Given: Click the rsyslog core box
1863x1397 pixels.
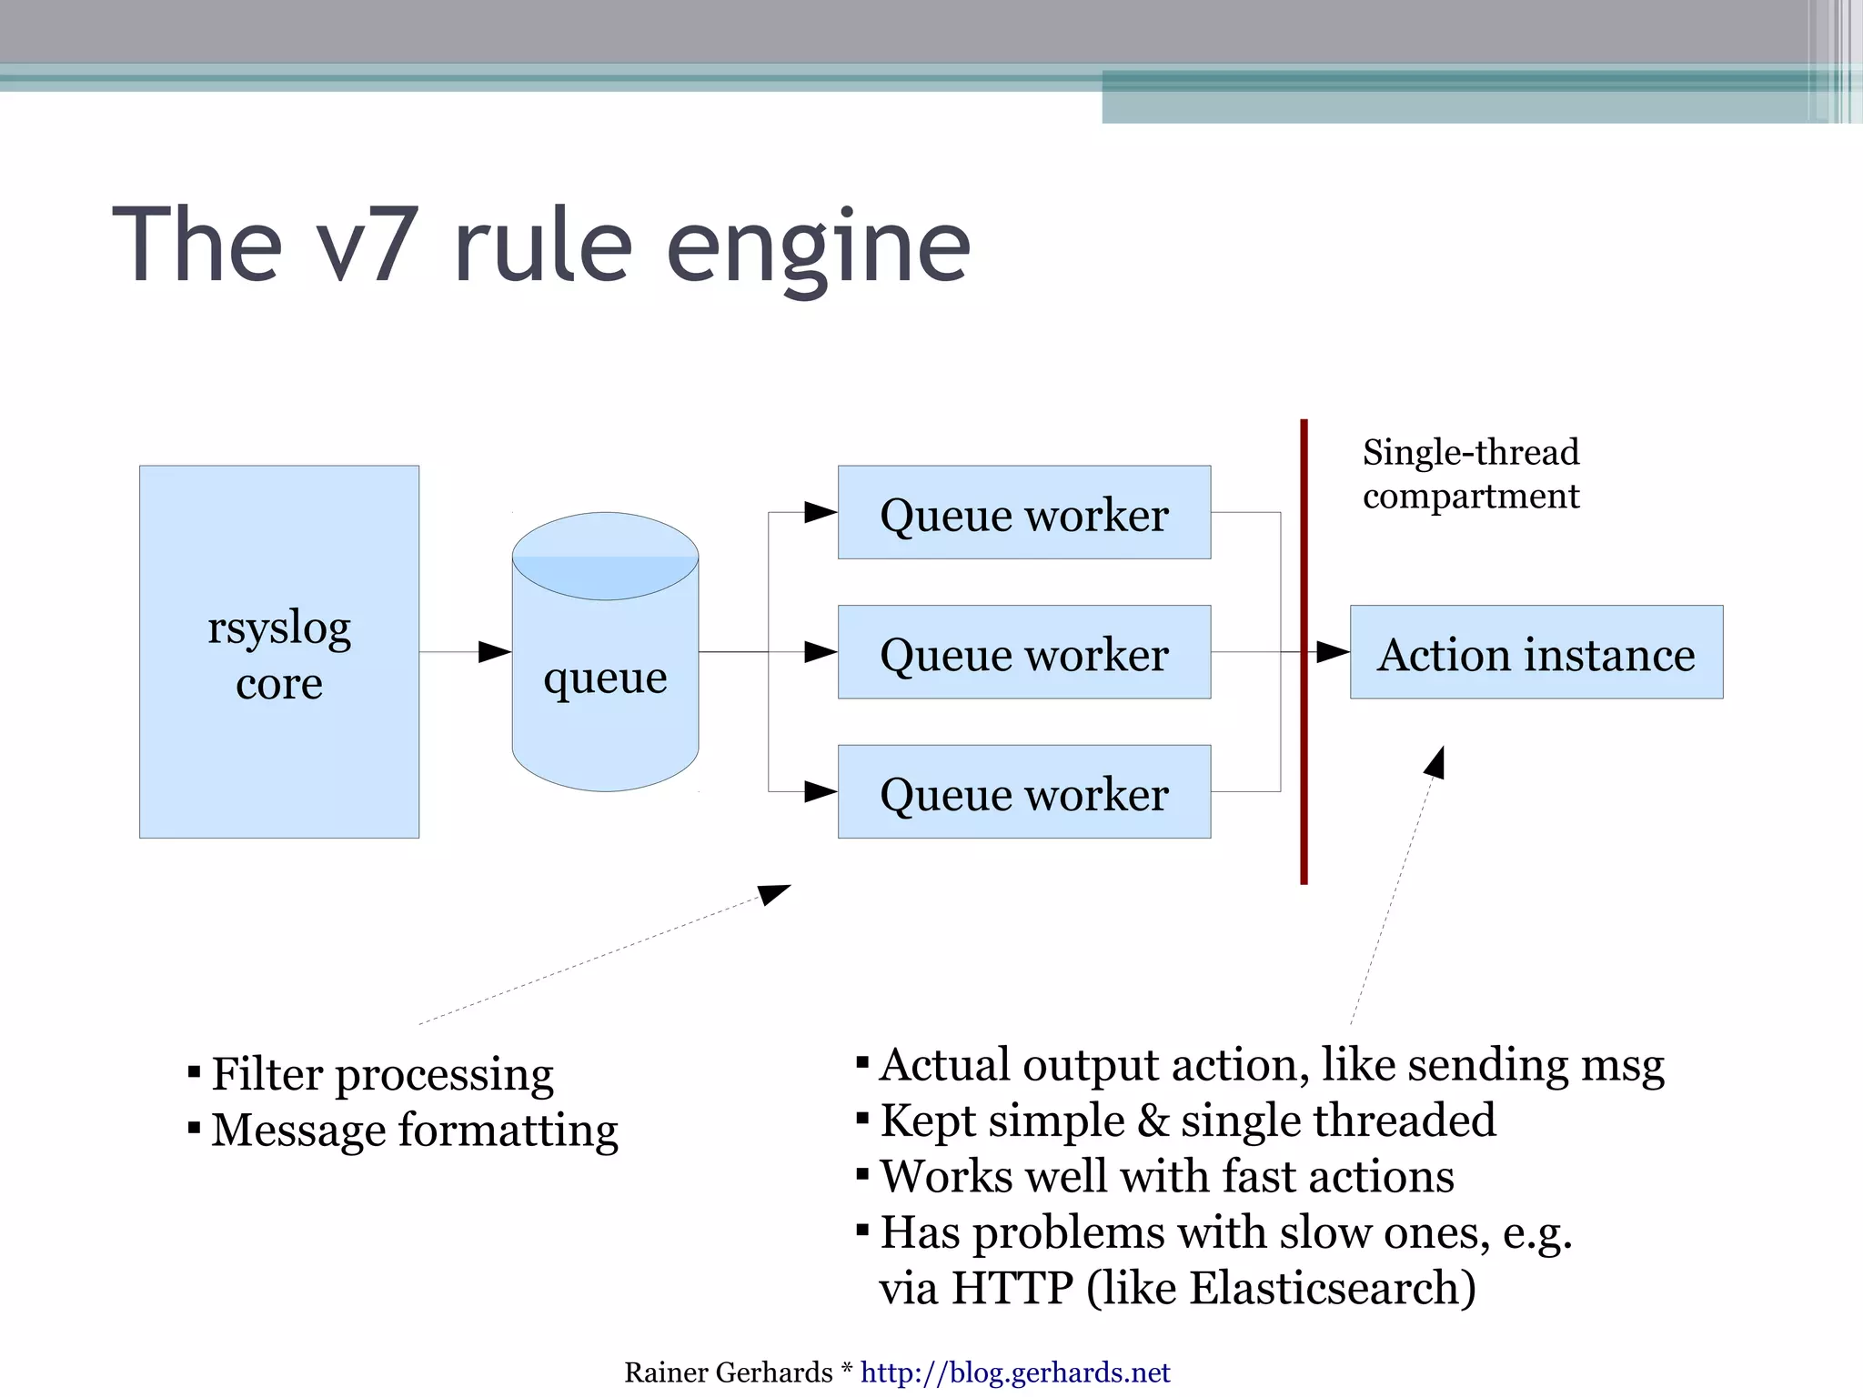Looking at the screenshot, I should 278,652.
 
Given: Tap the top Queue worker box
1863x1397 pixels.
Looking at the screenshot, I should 1023,513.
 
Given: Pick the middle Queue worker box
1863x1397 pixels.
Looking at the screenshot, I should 1023,652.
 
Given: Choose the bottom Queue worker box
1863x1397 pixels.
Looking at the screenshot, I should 1023,792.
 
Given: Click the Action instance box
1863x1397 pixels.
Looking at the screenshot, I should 1536,652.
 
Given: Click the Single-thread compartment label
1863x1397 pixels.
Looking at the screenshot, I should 1470,474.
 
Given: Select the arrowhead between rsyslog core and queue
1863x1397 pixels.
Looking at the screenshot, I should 494,652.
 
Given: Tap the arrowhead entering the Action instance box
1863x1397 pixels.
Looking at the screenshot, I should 1333,652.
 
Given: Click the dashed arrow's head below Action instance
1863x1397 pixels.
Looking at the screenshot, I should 1435,762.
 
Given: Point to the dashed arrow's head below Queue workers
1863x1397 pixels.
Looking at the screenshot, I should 774,894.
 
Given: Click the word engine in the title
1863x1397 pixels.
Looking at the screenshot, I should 818,246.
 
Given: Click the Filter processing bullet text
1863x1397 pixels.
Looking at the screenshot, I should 382,1075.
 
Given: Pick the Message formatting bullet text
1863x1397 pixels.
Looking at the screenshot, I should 415,1131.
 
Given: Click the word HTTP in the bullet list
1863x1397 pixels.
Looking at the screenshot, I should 1012,1288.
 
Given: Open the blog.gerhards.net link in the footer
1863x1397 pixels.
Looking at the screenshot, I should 1014,1372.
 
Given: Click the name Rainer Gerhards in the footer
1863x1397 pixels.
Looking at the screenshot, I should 728,1372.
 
